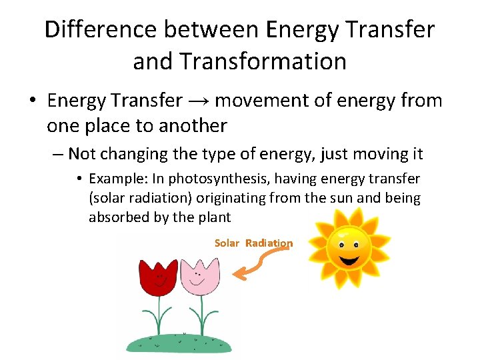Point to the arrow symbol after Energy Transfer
tap(199, 101)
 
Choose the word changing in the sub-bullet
tap(125, 155)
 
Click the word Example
tap(113, 179)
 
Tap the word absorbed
tap(115, 217)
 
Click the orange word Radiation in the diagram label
tap(269, 243)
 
